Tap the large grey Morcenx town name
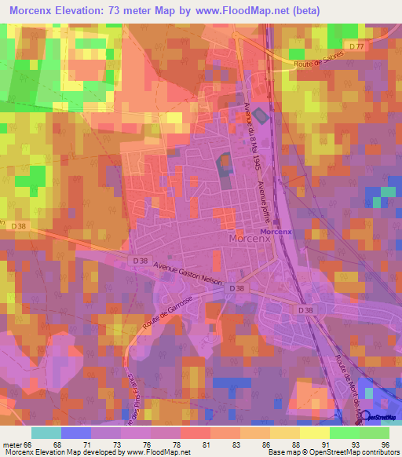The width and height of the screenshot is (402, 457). point(248,238)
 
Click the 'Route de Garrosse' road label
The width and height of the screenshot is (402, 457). point(154,316)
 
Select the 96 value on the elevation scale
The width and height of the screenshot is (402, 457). point(386,444)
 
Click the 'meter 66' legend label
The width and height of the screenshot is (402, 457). point(18,444)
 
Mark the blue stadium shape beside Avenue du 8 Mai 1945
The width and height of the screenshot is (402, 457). point(260,115)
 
